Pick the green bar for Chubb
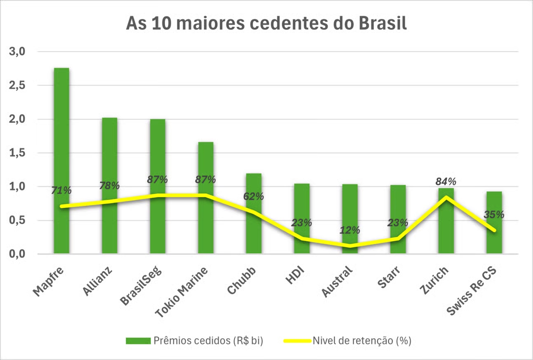(x=254, y=231)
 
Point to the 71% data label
(x=61, y=191)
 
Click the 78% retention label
(x=110, y=186)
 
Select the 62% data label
(x=254, y=196)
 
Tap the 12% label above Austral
(x=350, y=230)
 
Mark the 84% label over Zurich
(x=446, y=181)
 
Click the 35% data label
(x=494, y=214)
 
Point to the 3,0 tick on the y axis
(x=17, y=52)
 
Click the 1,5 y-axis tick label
(x=17, y=153)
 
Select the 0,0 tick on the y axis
(x=17, y=254)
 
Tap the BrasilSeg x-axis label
(x=142, y=285)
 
